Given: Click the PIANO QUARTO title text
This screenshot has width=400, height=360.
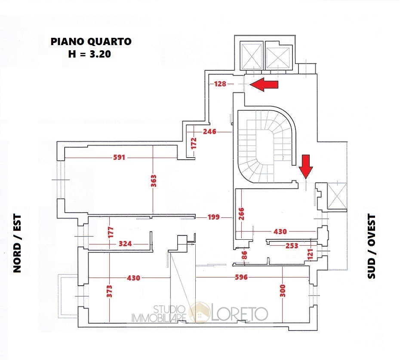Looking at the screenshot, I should [x=91, y=42].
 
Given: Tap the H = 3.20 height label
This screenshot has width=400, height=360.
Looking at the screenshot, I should [x=91, y=54].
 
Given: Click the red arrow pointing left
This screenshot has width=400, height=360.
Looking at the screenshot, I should [x=264, y=85].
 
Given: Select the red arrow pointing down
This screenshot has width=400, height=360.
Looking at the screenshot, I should [x=306, y=167].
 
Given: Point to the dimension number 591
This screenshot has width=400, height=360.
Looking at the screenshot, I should [x=119, y=158].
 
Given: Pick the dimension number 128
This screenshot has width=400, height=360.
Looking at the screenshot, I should [x=220, y=84].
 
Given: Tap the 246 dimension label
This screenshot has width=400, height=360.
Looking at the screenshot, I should [x=209, y=131].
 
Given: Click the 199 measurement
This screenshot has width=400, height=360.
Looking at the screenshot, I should [x=213, y=217].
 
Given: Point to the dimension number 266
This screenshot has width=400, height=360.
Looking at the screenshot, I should [x=241, y=213].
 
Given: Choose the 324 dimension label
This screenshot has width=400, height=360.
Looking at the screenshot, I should [x=125, y=244].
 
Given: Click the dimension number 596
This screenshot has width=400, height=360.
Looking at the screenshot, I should [x=241, y=278].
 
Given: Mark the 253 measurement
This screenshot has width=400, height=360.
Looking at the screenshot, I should [x=292, y=246].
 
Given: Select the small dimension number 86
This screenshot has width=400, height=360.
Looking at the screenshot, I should [x=245, y=254].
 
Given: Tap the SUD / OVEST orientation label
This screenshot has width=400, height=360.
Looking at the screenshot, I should [x=372, y=246].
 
